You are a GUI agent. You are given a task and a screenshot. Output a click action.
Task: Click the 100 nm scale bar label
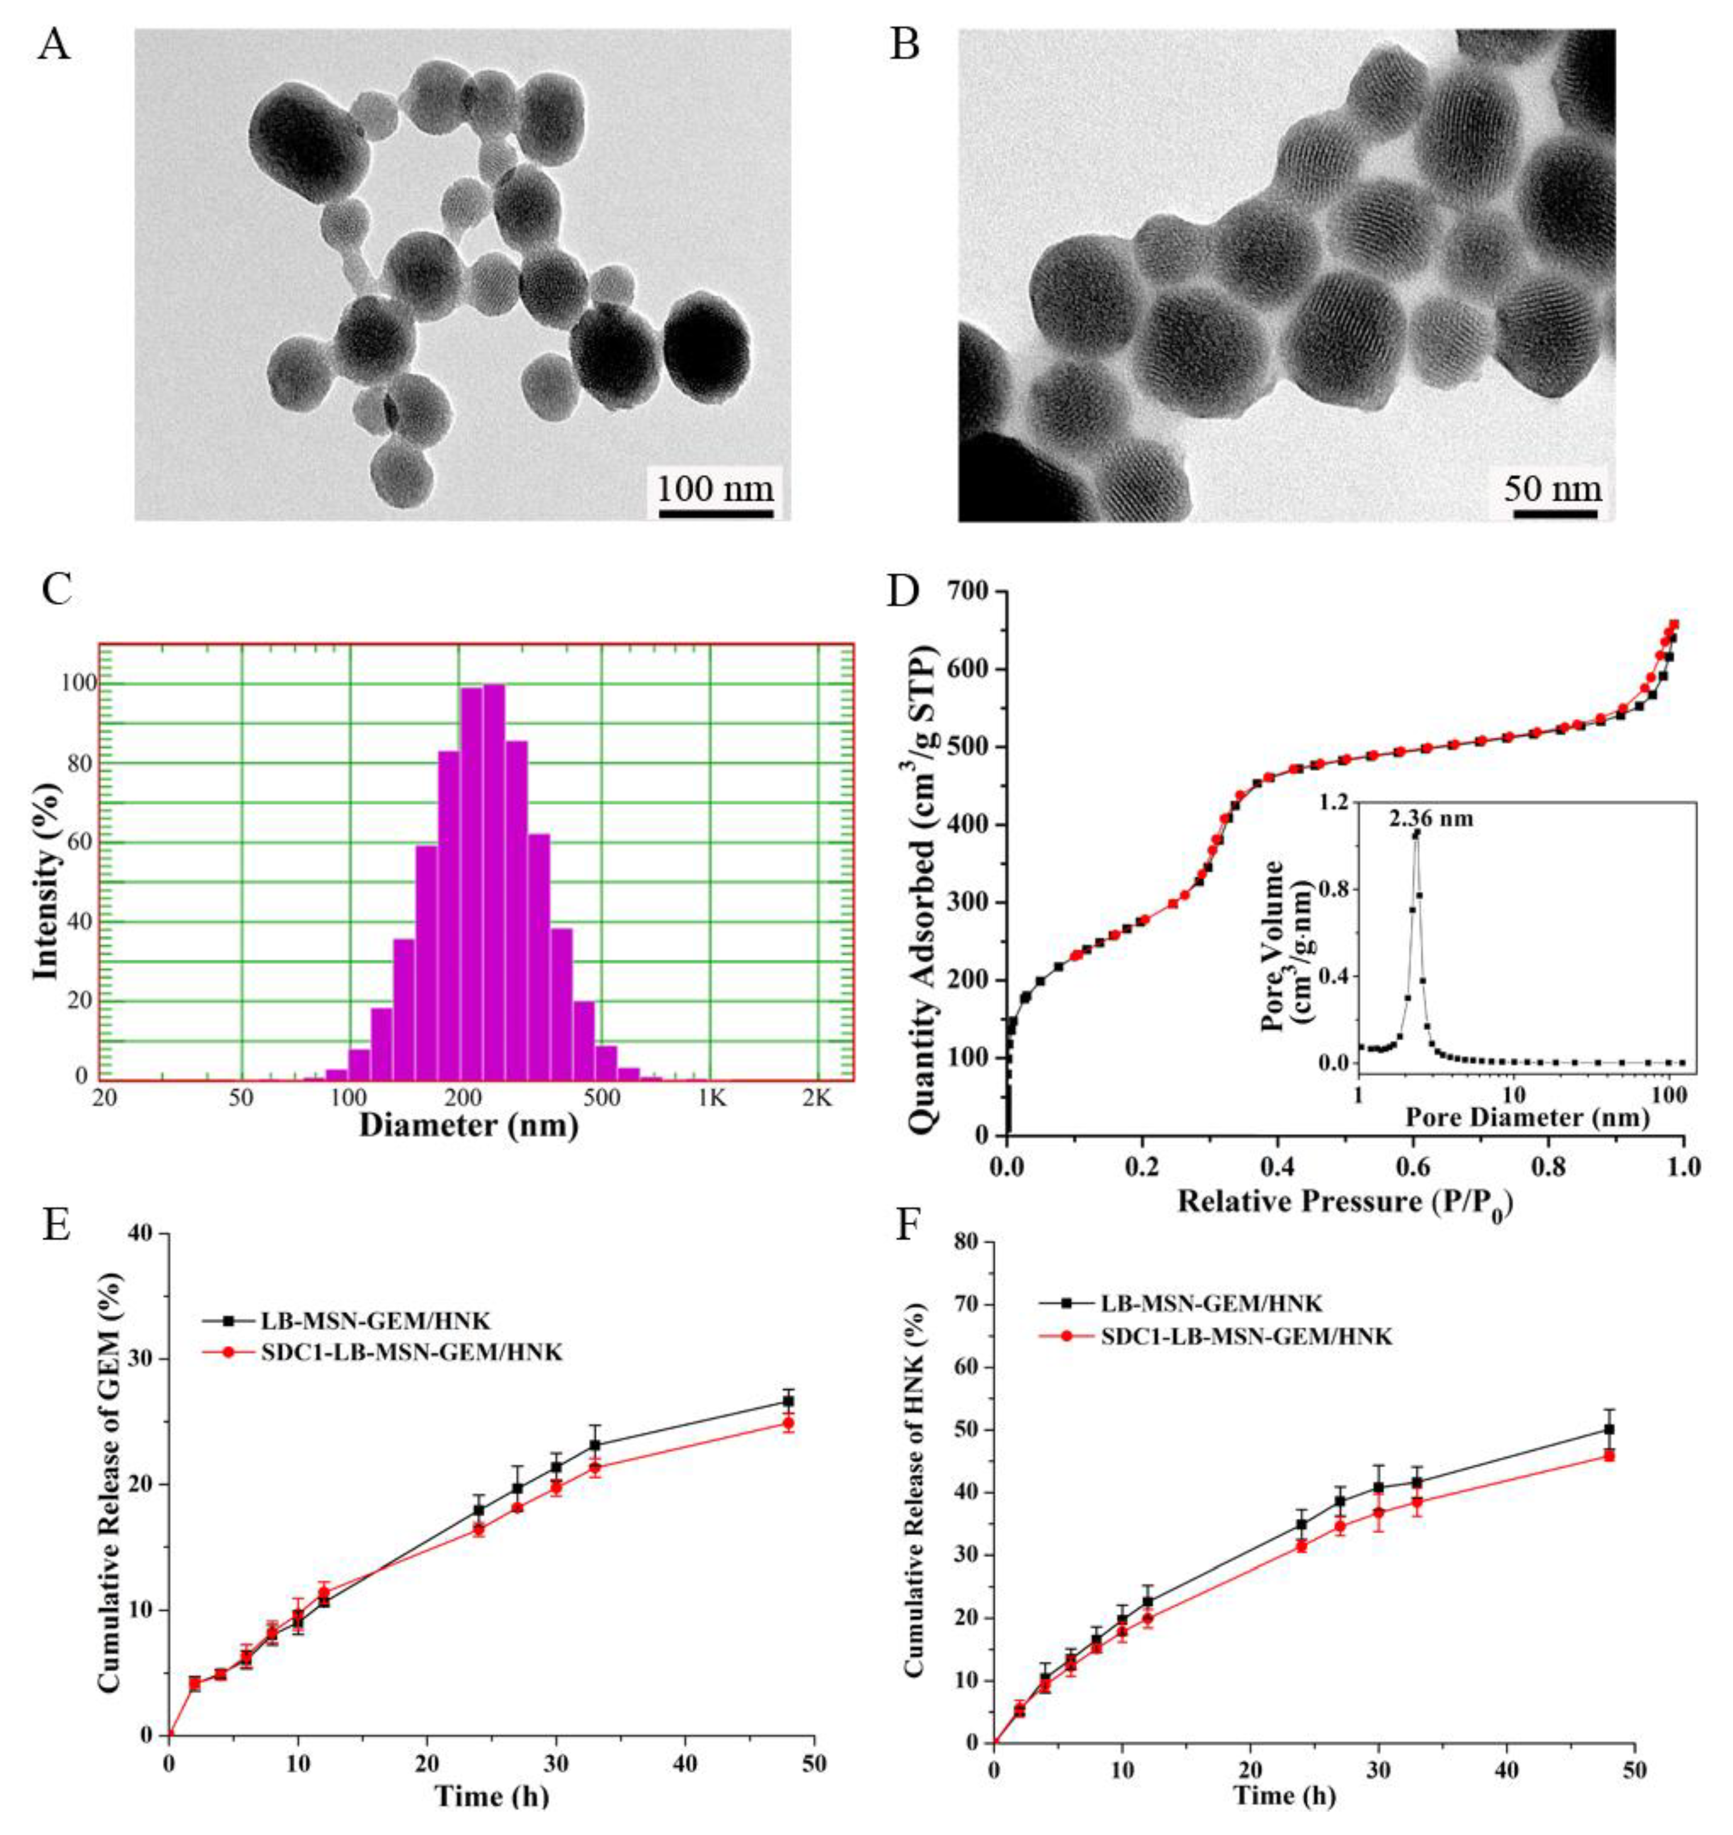click(715, 487)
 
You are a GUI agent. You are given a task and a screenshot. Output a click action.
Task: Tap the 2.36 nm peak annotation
click(1430, 818)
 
